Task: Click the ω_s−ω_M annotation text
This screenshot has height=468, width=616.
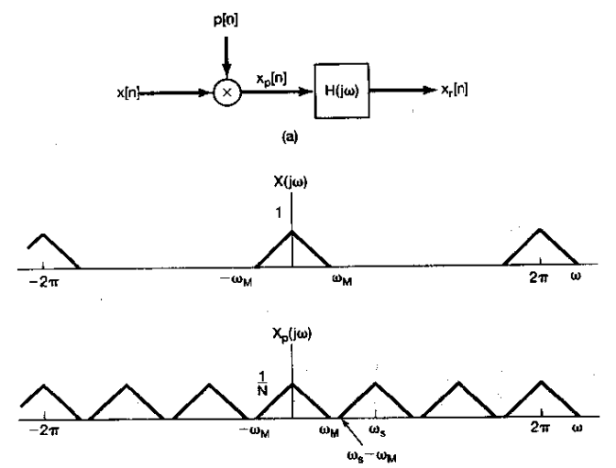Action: pyautogui.click(x=365, y=452)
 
